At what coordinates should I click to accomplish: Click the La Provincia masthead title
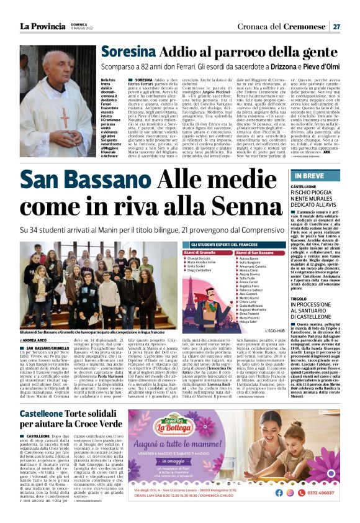(40, 26)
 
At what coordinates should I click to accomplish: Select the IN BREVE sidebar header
(306, 178)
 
